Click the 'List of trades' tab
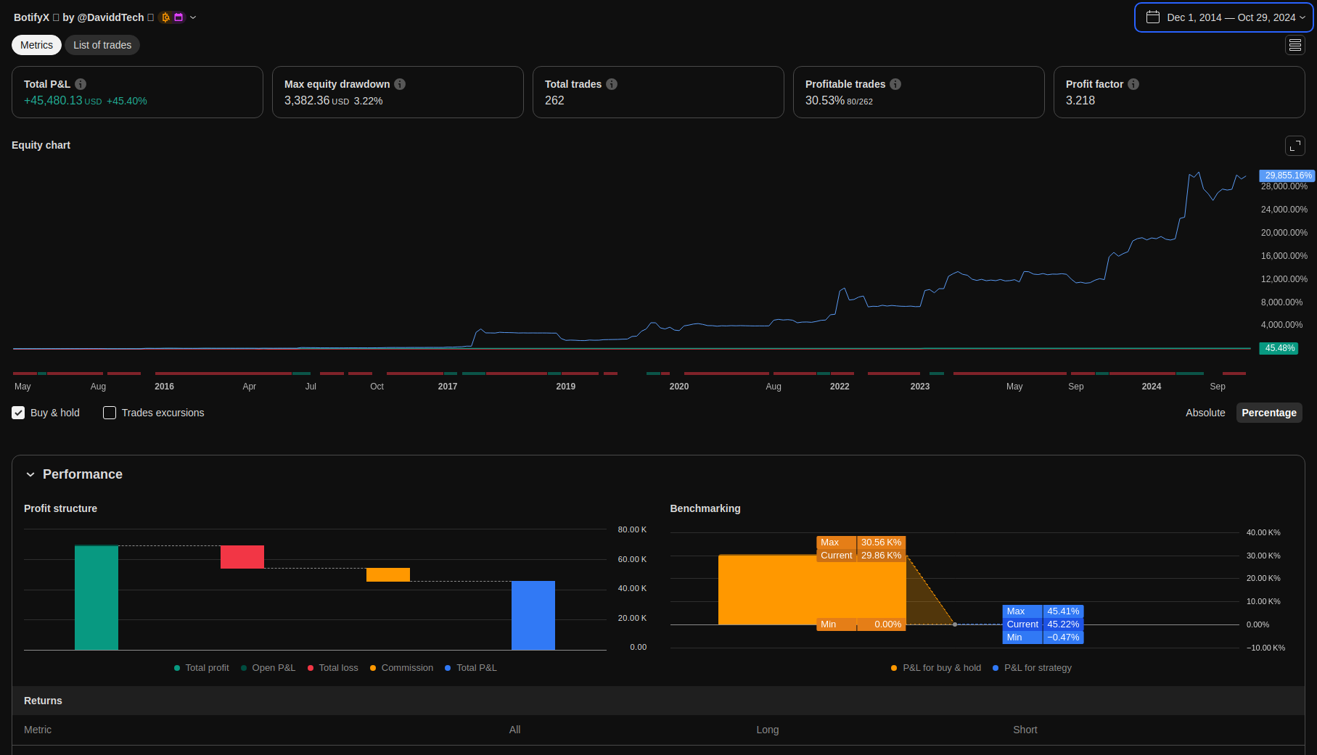click(x=102, y=45)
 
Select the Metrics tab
click(x=36, y=45)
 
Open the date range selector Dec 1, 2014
click(x=1223, y=17)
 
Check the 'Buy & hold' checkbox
click(x=18, y=413)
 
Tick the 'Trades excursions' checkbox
click(x=110, y=413)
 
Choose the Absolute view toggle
click(x=1205, y=413)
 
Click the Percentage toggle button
click(x=1268, y=413)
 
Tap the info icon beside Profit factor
click(x=1133, y=84)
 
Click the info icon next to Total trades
click(x=612, y=84)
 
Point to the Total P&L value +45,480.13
click(x=53, y=101)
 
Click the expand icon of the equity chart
click(x=1295, y=146)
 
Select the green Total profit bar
click(x=97, y=598)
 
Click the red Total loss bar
click(x=242, y=557)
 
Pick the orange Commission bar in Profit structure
click(x=388, y=574)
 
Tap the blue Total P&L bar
click(x=533, y=615)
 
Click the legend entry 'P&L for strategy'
click(x=1037, y=668)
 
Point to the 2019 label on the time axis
click(x=565, y=387)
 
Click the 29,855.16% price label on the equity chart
click(x=1287, y=176)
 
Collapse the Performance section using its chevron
click(x=30, y=474)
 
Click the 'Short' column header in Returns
click(x=1025, y=730)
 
